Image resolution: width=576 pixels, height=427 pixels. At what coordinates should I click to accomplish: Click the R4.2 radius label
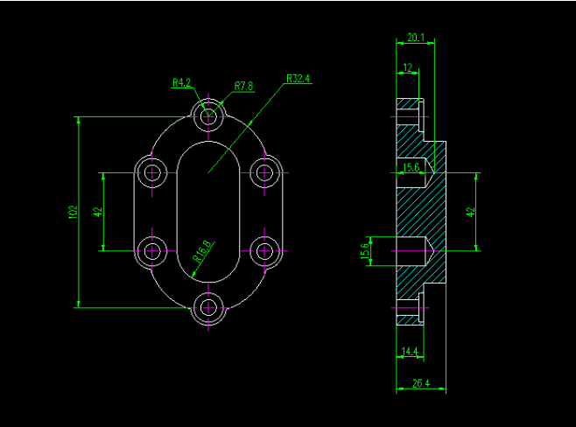[x=181, y=83]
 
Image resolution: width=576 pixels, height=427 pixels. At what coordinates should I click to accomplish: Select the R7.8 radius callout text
[x=244, y=86]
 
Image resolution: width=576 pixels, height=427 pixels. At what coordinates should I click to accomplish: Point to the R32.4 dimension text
[x=299, y=79]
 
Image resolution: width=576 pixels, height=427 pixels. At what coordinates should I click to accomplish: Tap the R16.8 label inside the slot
[x=202, y=251]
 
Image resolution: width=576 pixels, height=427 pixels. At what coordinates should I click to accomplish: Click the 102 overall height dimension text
[x=73, y=212]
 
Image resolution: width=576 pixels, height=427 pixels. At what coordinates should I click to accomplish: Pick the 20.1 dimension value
[x=416, y=38]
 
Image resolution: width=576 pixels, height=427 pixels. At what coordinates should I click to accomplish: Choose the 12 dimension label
[x=408, y=67]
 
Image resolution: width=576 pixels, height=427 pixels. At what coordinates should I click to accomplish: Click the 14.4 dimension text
[x=409, y=352]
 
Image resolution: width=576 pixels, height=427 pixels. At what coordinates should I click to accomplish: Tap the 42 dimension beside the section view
[x=470, y=212]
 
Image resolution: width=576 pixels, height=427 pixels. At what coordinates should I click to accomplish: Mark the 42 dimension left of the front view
[x=98, y=212]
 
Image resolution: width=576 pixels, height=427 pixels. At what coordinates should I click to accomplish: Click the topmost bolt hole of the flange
[x=208, y=115]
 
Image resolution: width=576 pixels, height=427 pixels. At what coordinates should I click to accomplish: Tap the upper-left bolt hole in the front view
[x=153, y=171]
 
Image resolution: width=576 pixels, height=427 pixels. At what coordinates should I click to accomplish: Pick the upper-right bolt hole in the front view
[x=264, y=171]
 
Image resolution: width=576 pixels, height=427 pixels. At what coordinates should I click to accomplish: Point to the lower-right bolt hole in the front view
[x=264, y=251]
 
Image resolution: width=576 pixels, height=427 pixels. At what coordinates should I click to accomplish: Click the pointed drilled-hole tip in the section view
[x=432, y=250]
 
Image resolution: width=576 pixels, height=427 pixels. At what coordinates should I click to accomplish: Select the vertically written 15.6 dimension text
[x=365, y=251]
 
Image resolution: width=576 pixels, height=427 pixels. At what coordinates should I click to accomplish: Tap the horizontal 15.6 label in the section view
[x=410, y=166]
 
